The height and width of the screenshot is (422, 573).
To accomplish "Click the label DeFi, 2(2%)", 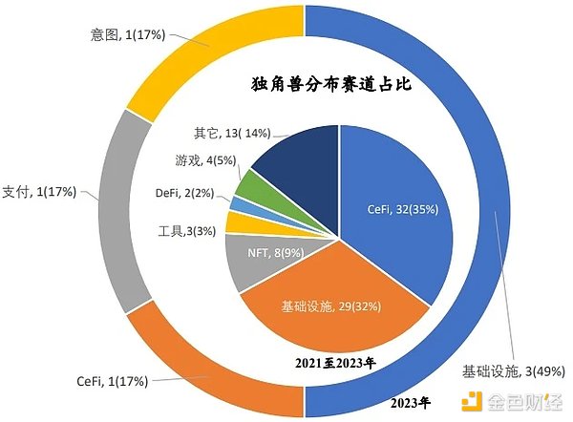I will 187,193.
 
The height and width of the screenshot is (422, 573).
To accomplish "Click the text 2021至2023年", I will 335,362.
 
